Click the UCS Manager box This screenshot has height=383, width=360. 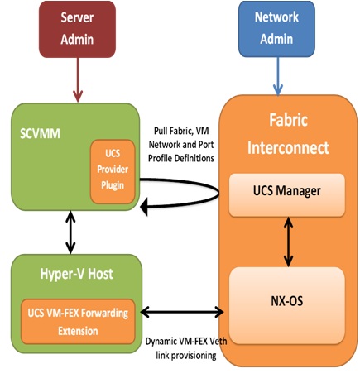286,191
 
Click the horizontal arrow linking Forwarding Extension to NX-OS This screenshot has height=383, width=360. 182,313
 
